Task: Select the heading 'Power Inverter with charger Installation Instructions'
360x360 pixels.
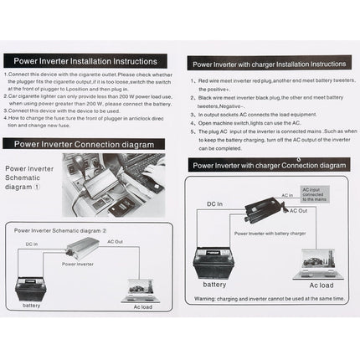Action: point(268,63)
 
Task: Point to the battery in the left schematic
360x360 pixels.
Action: point(31,286)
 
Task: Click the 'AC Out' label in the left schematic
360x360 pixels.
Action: point(116,241)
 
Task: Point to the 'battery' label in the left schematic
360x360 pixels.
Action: point(31,305)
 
